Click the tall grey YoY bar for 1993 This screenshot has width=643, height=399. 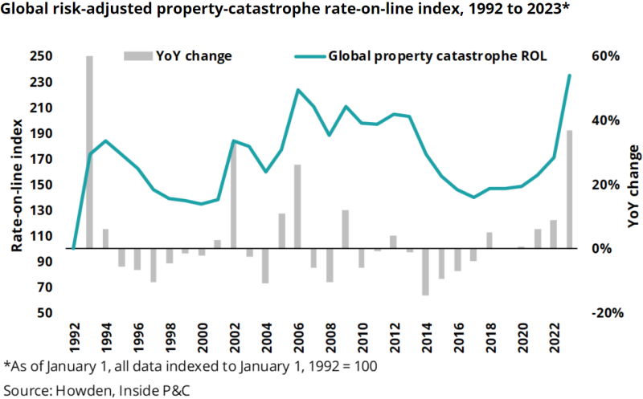(x=89, y=153)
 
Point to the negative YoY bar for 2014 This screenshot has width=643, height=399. (x=425, y=272)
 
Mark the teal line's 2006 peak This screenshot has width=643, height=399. (x=297, y=90)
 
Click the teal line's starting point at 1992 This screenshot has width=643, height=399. (x=73, y=249)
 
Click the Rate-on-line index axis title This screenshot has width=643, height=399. (x=15, y=184)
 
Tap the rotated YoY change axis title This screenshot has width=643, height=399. (x=634, y=184)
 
